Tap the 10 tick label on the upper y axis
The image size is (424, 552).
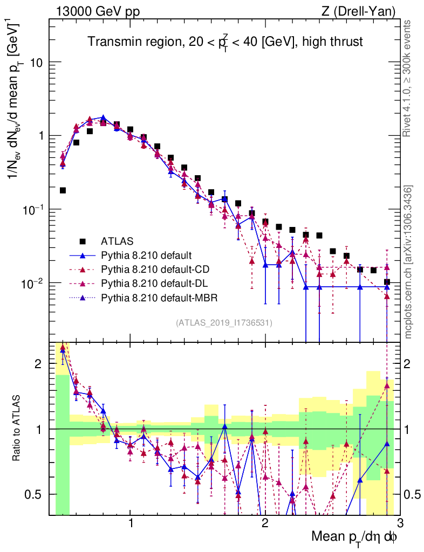(x=37, y=63)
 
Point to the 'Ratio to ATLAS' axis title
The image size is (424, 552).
(x=17, y=429)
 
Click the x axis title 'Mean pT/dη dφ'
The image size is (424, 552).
(x=354, y=537)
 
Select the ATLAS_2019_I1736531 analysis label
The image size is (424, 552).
(x=224, y=323)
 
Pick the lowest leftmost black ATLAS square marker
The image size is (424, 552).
(x=63, y=190)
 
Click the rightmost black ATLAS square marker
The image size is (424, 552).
(x=387, y=282)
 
